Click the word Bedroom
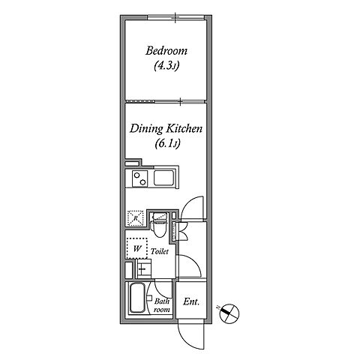tap(166, 51)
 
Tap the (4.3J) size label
tap(166, 66)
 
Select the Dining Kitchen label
tap(166, 128)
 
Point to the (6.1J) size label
tap(167, 144)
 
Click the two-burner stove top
tap(139, 178)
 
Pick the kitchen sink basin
tap(164, 178)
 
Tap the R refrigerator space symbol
tap(136, 218)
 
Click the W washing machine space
tap(136, 248)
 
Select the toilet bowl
tap(159, 225)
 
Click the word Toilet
tap(160, 251)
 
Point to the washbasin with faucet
tap(143, 268)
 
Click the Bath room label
tap(161, 305)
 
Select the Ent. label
tap(191, 301)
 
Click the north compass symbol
tap(229, 313)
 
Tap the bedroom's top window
tap(176, 17)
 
